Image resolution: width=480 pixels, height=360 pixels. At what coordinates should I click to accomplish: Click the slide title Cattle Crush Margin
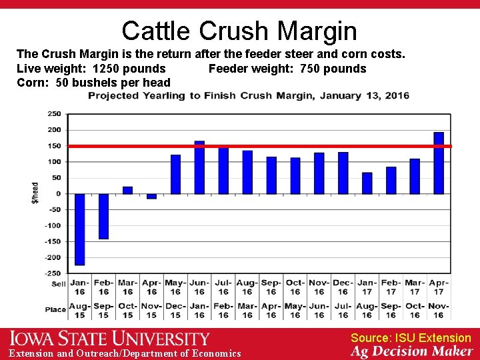coord(239,31)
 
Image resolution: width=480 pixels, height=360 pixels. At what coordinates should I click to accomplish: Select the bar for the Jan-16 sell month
coord(80,229)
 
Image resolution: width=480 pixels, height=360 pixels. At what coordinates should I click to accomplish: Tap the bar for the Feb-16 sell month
coord(104,216)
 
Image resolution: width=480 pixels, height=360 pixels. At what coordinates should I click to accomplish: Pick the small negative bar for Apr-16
coord(152,196)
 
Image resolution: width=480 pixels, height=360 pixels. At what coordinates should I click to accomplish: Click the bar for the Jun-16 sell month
coord(199,167)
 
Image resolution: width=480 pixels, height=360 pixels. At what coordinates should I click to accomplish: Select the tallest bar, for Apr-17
coord(439,163)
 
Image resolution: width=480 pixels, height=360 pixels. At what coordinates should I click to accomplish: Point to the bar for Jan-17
coord(367,183)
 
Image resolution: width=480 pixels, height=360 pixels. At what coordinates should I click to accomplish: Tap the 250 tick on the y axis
coord(53,114)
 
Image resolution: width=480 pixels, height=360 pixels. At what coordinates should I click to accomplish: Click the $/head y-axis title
coord(35,193)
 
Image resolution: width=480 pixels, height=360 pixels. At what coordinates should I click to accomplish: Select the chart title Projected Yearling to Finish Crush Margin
coord(249,96)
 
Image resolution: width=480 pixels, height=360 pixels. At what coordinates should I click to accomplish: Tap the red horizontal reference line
coord(267,145)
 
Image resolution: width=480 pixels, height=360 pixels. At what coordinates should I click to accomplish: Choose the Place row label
coord(56,310)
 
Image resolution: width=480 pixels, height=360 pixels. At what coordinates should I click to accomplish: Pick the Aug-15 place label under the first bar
coord(80,311)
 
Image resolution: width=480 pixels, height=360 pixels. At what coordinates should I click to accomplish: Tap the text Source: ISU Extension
coord(411,338)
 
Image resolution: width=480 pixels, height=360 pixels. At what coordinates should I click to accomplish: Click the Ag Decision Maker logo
coord(411,351)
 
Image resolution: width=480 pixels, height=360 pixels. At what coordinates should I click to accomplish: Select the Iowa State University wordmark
coord(109,339)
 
